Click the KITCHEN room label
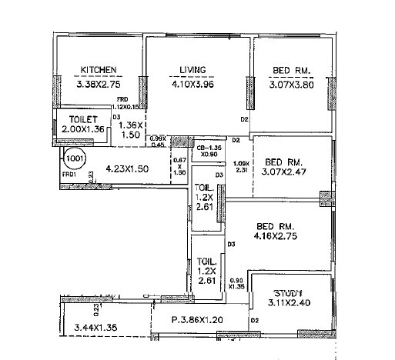pyautogui.click(x=99, y=70)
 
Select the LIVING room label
pyautogui.click(x=192, y=70)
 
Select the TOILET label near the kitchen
pyautogui.click(x=82, y=119)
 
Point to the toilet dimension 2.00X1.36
pyautogui.click(x=83, y=130)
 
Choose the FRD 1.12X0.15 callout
pyautogui.click(x=127, y=104)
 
